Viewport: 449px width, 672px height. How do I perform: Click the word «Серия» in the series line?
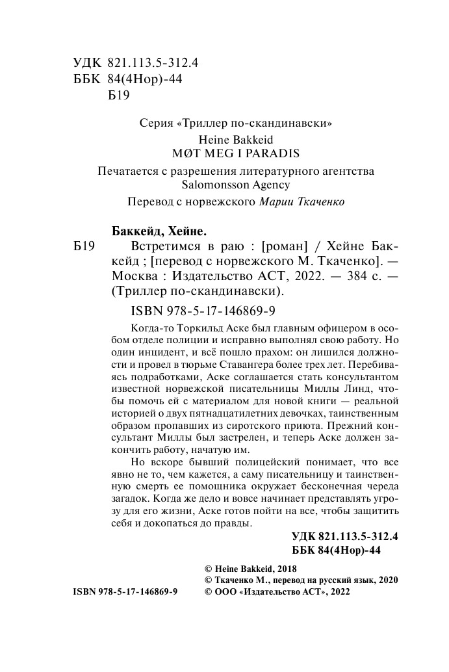[155, 122]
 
